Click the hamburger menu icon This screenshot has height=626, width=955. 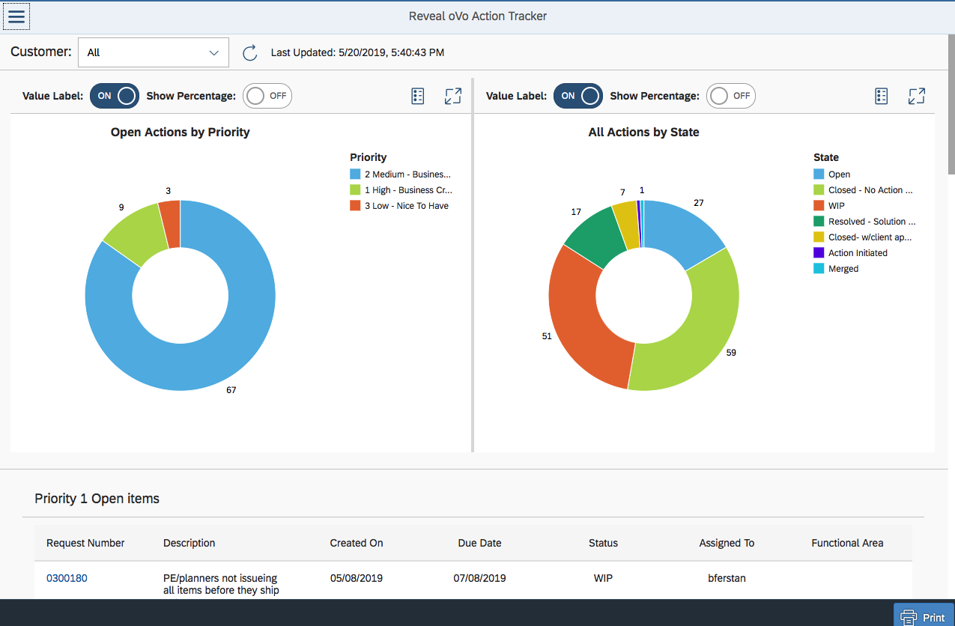point(16,16)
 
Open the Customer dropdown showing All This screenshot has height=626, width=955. point(153,52)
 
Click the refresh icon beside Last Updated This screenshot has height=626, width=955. point(250,53)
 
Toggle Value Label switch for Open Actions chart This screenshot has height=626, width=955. point(115,96)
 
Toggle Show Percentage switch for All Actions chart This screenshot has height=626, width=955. point(730,96)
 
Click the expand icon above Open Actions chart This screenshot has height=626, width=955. point(452,96)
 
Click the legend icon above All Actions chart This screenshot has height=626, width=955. point(882,96)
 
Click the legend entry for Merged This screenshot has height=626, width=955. point(843,269)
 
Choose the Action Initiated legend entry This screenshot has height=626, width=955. point(857,253)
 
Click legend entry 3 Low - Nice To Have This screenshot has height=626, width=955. point(405,206)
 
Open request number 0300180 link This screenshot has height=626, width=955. point(67,578)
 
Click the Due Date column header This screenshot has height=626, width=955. point(479,543)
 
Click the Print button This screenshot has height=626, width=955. point(923,617)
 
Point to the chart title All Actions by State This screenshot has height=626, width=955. point(643,133)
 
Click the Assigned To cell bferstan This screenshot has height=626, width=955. point(727,578)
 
